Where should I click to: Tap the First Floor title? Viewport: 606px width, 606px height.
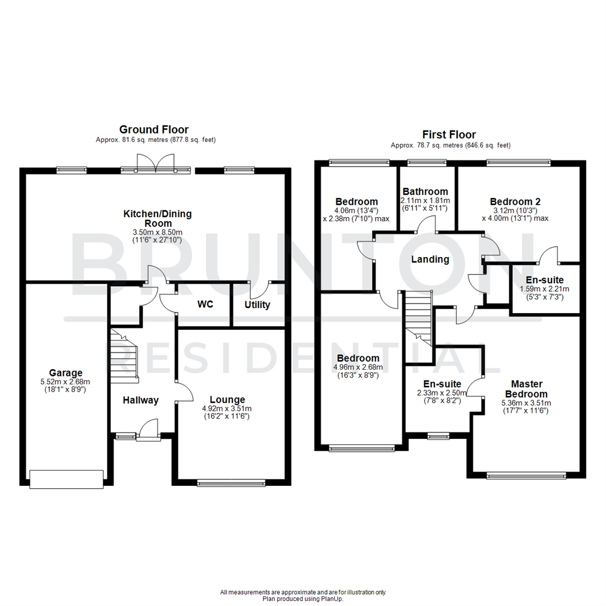click(x=449, y=135)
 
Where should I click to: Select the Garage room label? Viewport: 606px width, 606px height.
click(x=66, y=373)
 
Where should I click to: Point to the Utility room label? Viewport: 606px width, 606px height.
click(x=257, y=305)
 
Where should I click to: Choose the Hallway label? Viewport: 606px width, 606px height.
click(x=141, y=400)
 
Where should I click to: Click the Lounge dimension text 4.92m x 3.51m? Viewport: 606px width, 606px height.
click(x=227, y=408)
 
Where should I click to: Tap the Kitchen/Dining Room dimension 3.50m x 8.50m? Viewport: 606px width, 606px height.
click(x=158, y=232)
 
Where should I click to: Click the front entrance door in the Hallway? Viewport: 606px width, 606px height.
click(x=148, y=429)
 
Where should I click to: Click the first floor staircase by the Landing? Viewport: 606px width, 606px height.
click(x=419, y=318)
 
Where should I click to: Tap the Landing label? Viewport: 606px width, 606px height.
click(x=430, y=259)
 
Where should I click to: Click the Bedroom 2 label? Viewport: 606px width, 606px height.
click(x=515, y=201)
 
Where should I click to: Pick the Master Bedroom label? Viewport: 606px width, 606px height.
click(x=526, y=389)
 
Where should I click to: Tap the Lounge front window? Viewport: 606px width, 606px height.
click(x=230, y=482)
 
